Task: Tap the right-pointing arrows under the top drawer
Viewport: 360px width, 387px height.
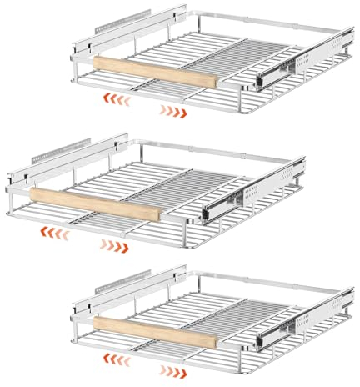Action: point(172,110)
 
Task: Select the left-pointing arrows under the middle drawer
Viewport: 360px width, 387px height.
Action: point(56,231)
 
